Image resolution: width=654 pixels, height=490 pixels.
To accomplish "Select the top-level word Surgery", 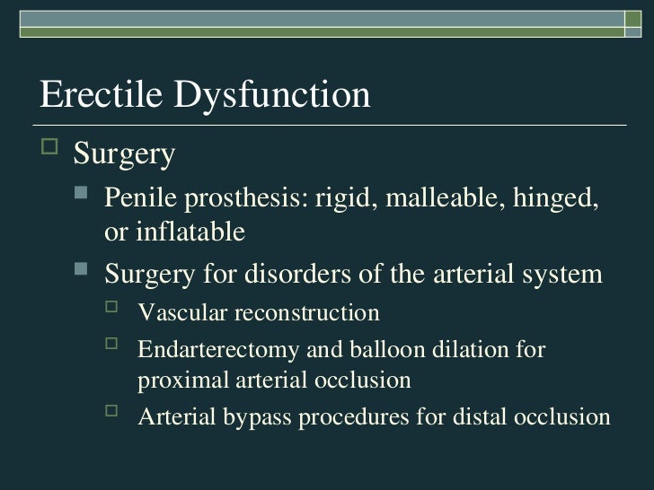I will tap(124, 156).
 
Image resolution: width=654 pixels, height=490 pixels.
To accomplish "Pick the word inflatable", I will tap(188, 233).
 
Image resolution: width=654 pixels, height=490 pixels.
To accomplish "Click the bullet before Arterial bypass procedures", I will tap(112, 413).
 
